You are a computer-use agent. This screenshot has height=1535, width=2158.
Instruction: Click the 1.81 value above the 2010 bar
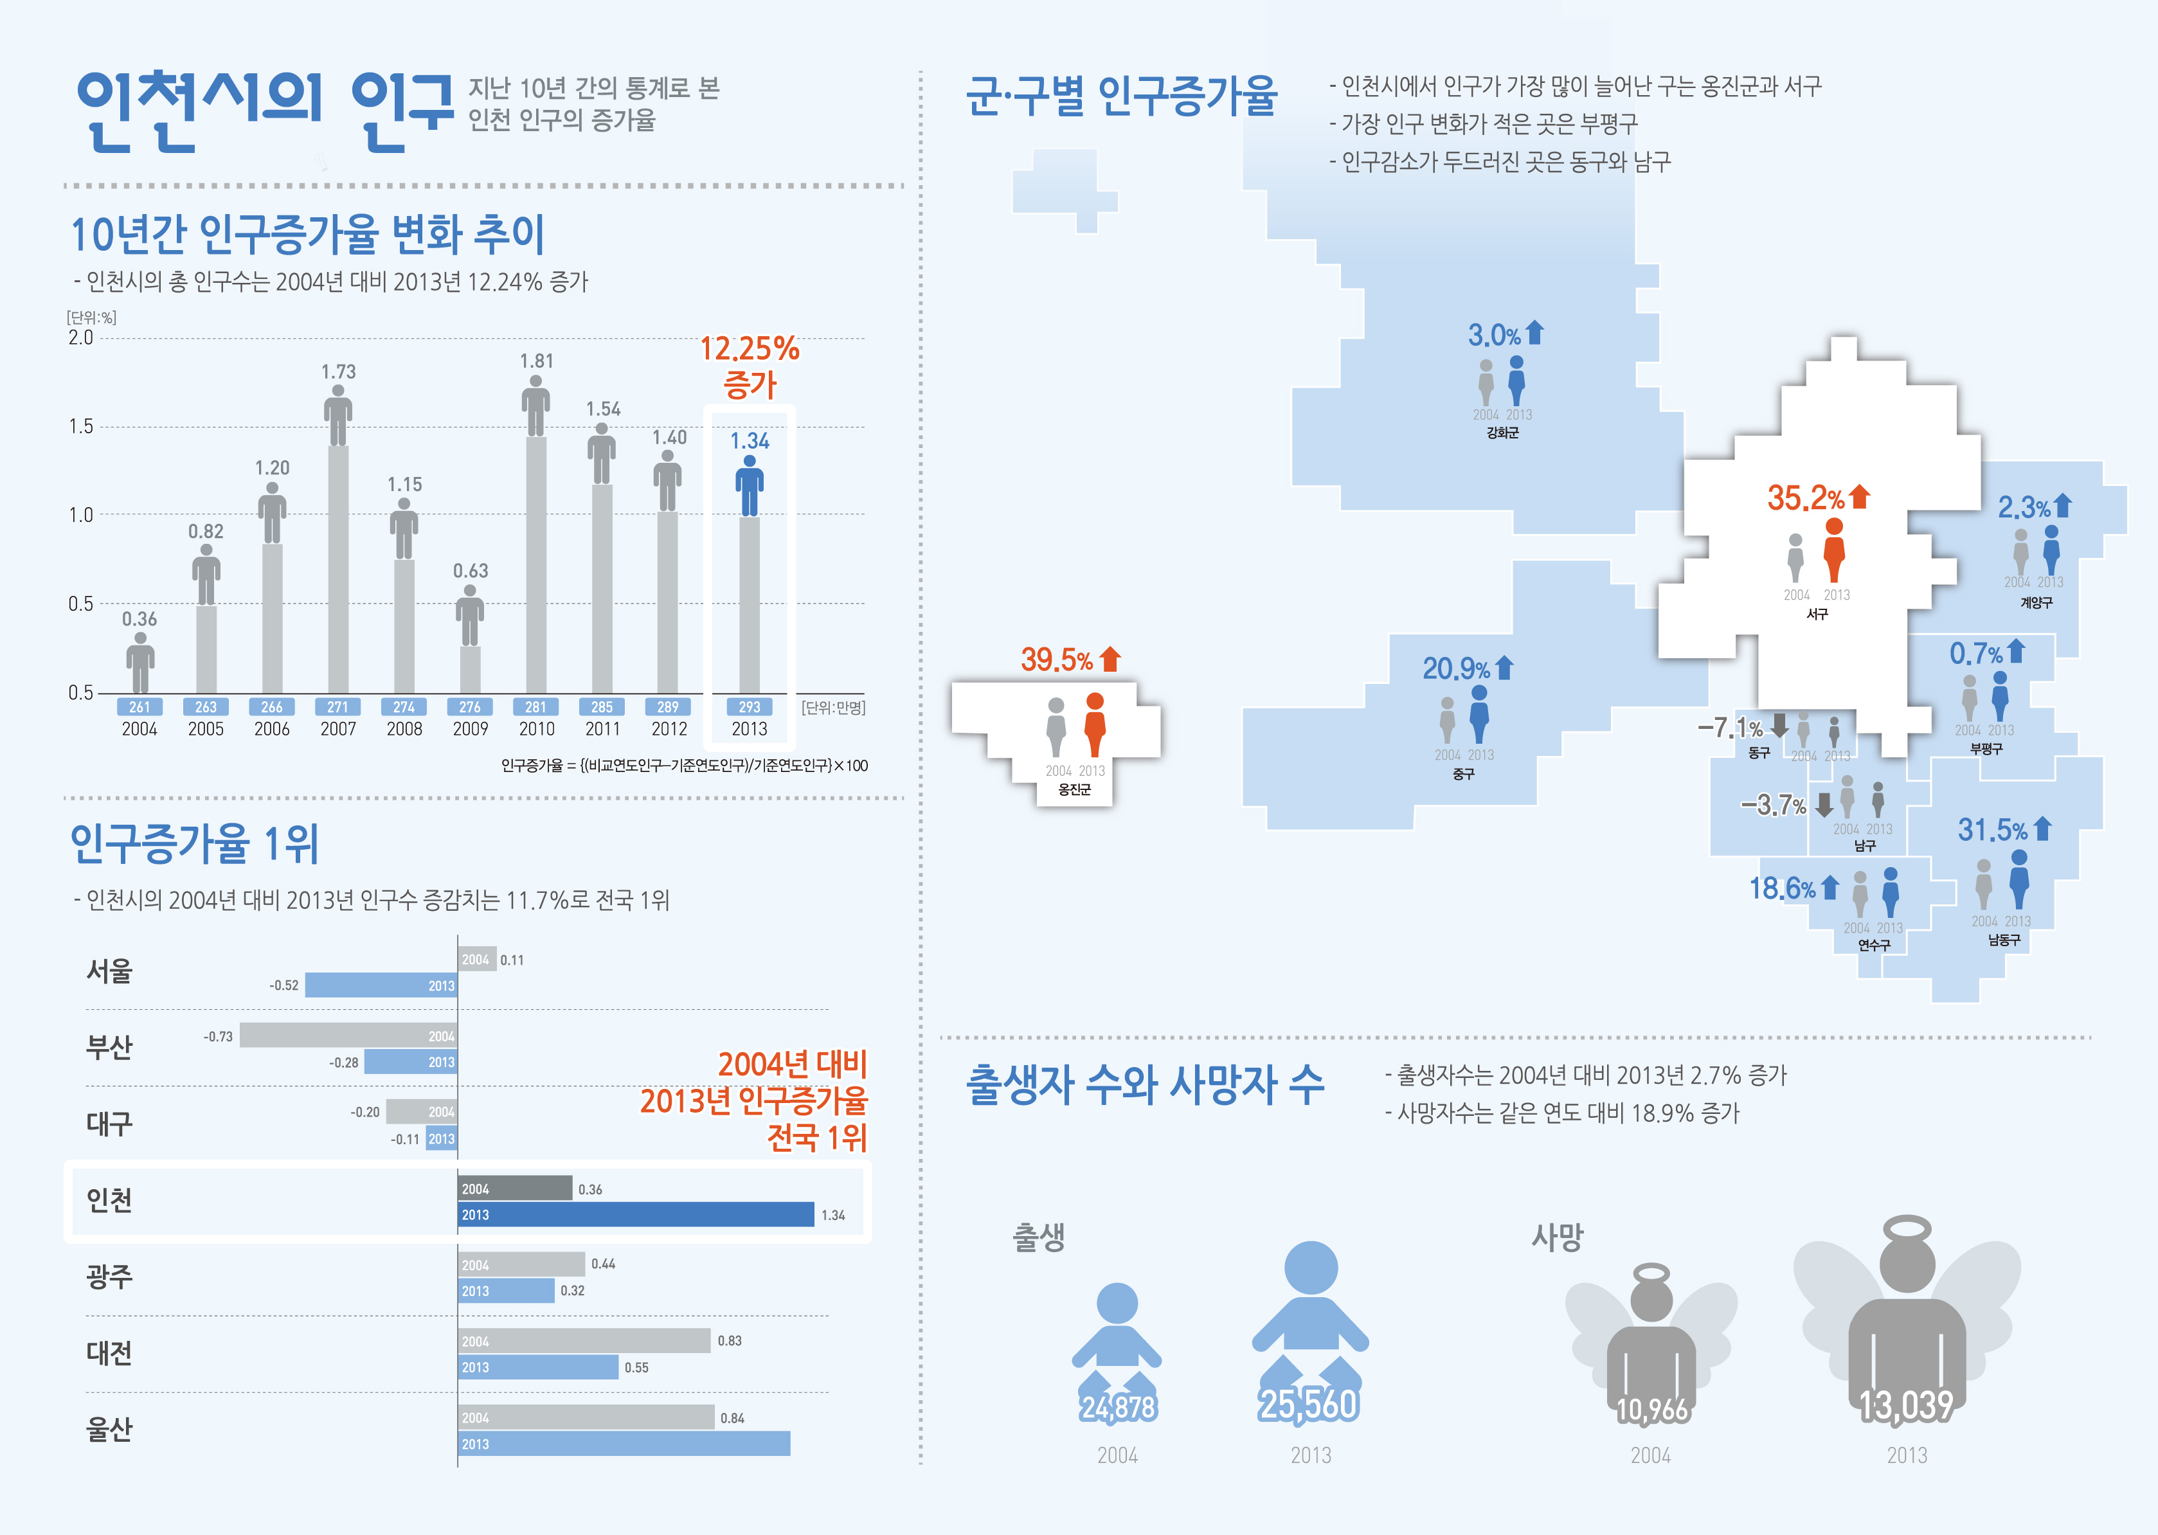click(x=536, y=361)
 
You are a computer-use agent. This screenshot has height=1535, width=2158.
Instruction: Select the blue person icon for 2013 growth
click(x=750, y=485)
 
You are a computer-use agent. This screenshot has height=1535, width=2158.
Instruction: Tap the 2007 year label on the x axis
click(x=337, y=729)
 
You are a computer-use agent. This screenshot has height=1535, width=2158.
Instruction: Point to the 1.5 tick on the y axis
click(x=81, y=426)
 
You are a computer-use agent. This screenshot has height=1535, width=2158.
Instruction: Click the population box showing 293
click(x=750, y=707)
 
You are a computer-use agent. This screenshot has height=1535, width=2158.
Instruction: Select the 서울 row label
click(x=110, y=971)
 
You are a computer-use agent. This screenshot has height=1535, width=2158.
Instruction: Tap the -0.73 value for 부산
click(x=219, y=1036)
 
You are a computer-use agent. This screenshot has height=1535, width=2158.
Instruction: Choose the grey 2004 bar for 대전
click(x=584, y=1340)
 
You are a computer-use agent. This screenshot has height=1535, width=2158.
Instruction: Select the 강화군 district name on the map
click(x=1502, y=433)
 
